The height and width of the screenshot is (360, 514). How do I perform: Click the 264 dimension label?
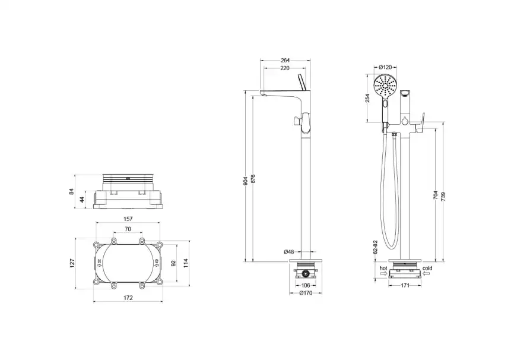click(285, 59)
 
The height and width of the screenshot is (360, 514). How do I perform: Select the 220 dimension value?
click(285, 68)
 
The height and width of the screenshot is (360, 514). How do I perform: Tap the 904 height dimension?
click(246, 181)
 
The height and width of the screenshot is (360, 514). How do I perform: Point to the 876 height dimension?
click(253, 181)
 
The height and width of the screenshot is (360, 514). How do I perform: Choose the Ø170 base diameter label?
click(305, 293)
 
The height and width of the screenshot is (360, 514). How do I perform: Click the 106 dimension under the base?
click(305, 285)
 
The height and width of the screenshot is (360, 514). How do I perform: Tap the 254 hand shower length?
click(368, 98)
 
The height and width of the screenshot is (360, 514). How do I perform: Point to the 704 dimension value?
click(436, 194)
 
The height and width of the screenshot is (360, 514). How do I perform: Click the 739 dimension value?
click(443, 194)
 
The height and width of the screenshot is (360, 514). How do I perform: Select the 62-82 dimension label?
click(376, 247)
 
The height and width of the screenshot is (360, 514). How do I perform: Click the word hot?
click(384, 268)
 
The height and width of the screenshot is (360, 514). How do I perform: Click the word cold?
click(429, 268)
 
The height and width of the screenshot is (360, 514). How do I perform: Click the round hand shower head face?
click(385, 86)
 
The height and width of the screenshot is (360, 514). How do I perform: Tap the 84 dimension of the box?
click(72, 191)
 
